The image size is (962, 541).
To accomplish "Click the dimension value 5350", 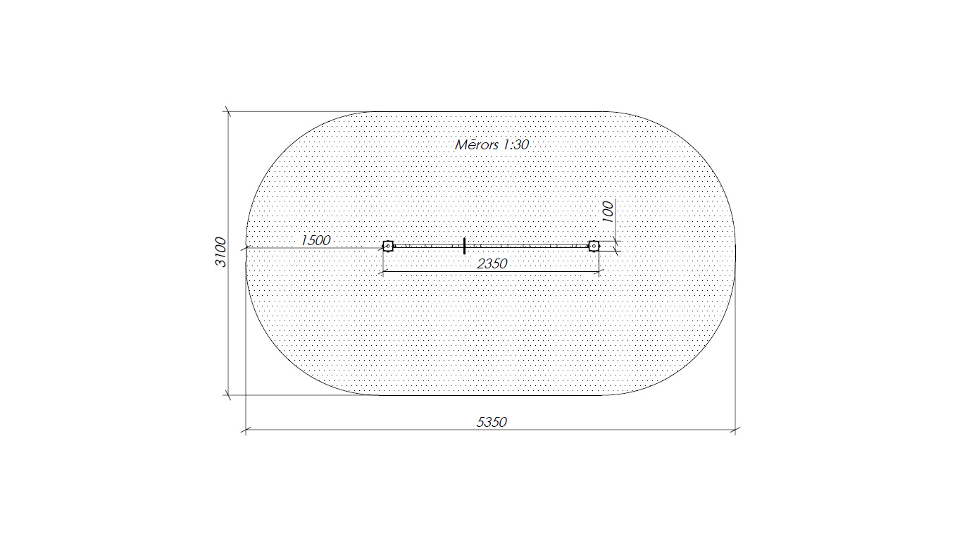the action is point(492,423).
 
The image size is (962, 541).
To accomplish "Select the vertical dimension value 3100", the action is point(220,251).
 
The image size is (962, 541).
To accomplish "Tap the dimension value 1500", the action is point(316,240).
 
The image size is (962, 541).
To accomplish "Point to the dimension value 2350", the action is point(492,263).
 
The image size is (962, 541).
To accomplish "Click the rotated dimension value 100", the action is point(608,212).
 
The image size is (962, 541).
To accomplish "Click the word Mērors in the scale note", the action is point(477,144).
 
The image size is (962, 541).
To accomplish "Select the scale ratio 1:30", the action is point(516,144).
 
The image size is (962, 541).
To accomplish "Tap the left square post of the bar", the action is point(388,247).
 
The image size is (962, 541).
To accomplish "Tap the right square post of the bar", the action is point(594,247).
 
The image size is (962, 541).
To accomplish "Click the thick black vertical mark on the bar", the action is point(465,246).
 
